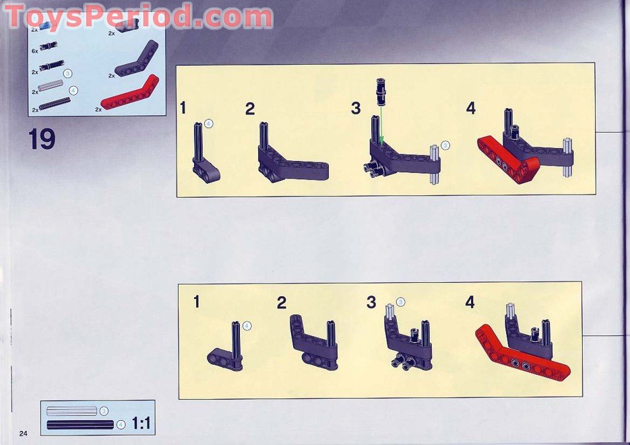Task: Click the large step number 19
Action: (x=42, y=139)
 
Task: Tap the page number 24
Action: (x=24, y=434)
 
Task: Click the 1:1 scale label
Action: (x=141, y=423)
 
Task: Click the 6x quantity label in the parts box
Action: (x=34, y=51)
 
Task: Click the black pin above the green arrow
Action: (x=380, y=92)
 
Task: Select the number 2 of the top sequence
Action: (x=250, y=109)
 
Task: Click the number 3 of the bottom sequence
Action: (x=371, y=302)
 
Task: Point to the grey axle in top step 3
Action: (x=434, y=164)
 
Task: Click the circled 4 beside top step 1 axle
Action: (x=208, y=124)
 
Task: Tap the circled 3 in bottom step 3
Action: (x=401, y=302)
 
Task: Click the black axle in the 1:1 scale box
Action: (x=80, y=425)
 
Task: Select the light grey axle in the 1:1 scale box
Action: (x=72, y=411)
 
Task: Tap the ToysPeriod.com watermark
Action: (x=139, y=16)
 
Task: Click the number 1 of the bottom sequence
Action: (x=197, y=302)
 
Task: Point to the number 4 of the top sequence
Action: (x=471, y=108)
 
